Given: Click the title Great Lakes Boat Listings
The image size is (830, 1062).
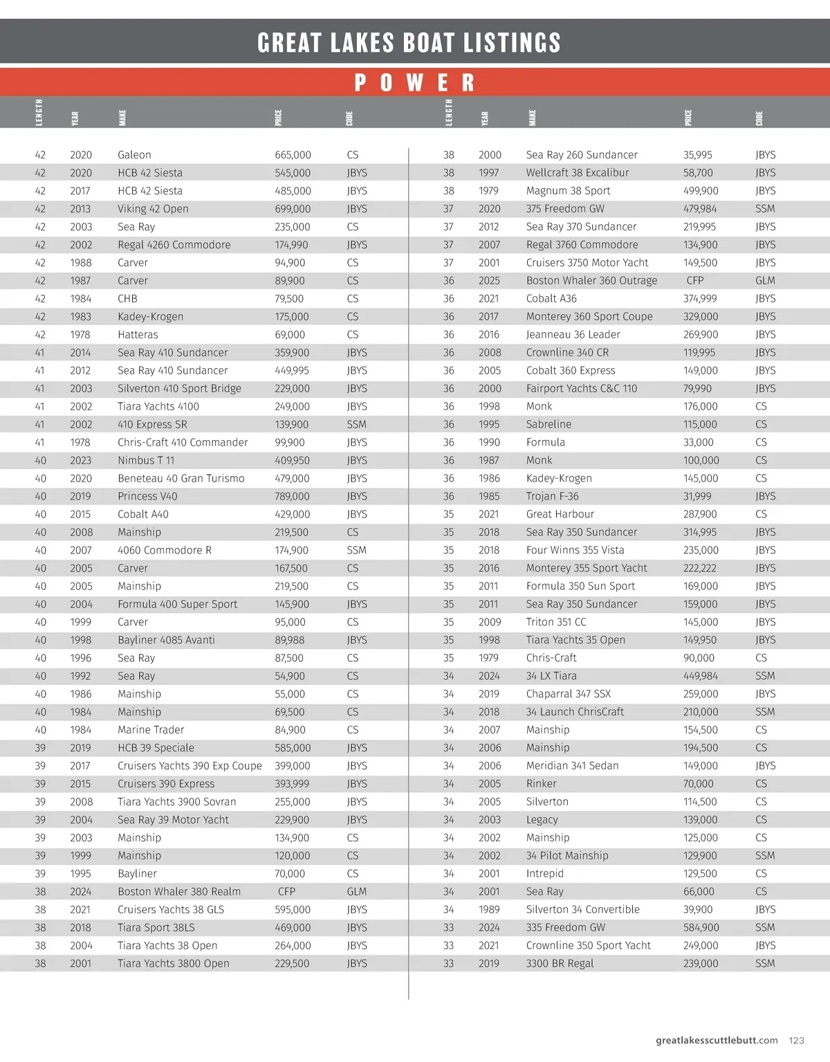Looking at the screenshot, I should coord(409,43).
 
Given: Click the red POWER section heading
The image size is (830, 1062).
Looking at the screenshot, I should coord(414,83).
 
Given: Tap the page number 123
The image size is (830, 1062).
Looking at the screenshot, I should coord(796,1040).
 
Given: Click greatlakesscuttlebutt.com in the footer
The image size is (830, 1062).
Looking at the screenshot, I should coord(716,1040).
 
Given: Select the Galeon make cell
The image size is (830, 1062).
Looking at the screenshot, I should coord(134,155).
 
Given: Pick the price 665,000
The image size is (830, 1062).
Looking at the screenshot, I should coord(293,155).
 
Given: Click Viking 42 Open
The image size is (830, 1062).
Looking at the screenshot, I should coord(153,209).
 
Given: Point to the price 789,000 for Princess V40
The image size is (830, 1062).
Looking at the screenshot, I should coord(293,496).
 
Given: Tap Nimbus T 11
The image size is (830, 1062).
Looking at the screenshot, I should coord(146,460).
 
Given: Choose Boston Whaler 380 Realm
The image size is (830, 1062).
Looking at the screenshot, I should coord(179,892).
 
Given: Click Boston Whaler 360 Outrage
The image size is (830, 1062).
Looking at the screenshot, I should coord(591,281).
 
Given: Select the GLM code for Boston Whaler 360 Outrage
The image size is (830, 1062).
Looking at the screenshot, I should coord(765,281).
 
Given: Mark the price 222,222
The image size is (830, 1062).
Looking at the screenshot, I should coord(700,568).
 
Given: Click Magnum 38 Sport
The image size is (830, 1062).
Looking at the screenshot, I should coord(568,191).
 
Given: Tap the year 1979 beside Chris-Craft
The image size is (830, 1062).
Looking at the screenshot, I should coord(488,658).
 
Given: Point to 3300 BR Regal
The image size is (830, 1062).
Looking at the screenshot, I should coord(560,964).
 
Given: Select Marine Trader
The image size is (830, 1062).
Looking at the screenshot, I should coord(151,730).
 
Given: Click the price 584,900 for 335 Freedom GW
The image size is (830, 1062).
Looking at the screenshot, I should coord(701,928).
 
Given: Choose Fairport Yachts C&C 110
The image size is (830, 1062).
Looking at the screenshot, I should coord(581,389).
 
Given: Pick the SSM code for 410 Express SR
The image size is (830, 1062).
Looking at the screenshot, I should coord(356,425).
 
